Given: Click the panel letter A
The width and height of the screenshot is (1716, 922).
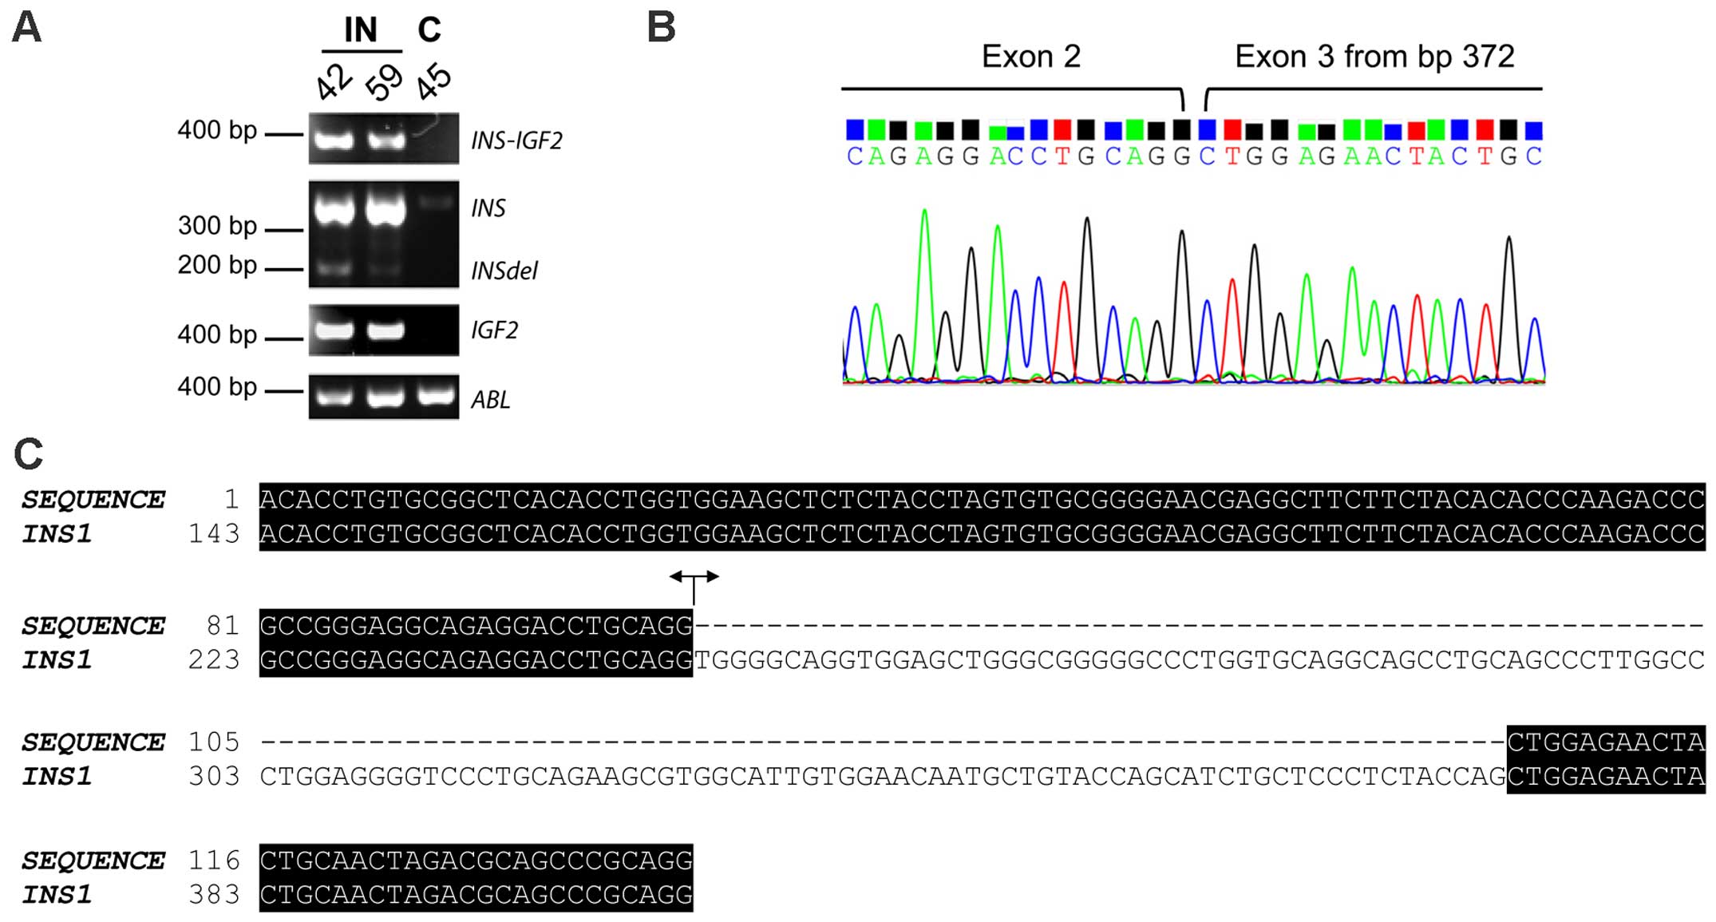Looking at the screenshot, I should pos(26,28).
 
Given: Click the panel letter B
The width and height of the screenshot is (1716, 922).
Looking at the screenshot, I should pos(662,28).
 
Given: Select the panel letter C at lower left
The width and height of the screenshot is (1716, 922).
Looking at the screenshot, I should pos(28,454).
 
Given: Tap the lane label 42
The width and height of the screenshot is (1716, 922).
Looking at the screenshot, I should pos(334,81).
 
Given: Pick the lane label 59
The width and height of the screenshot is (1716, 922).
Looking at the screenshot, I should pos(384,81).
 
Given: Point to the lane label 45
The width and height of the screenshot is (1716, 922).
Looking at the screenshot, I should pos(434,81).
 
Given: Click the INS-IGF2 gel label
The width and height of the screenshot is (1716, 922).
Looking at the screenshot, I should pos(516,140).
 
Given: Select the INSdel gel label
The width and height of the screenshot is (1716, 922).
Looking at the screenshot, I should pos(504,271).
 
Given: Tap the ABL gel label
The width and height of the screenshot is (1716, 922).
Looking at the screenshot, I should pos(490,399).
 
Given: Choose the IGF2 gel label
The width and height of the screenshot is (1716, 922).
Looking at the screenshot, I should pos(494,330).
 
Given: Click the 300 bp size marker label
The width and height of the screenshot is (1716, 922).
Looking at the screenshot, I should pos(217,226).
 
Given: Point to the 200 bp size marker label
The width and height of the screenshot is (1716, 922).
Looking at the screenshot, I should pos(217,265).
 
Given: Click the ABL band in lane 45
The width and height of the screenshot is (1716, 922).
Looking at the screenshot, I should pos(436,396).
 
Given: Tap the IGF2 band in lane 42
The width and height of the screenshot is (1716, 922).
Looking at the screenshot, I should pos(334,329).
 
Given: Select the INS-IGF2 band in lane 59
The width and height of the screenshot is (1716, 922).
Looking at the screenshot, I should pos(386,141).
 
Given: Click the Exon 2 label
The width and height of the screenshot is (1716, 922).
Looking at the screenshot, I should pos(1030,57).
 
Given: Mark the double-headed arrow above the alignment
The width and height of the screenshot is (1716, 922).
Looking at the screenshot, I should pos(694,576).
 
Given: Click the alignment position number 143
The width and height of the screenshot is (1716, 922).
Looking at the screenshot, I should pos(214,533).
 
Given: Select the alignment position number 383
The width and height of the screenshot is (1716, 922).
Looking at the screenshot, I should pos(214,894).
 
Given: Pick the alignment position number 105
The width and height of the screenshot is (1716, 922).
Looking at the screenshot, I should pos(214,742).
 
